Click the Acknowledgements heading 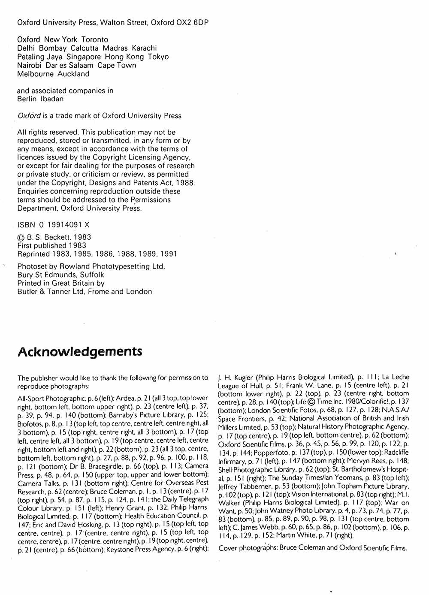[80, 352]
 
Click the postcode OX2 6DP [193, 22]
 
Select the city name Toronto [95, 39]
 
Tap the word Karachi [144, 48]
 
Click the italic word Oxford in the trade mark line [29, 115]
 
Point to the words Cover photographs [247, 548]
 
